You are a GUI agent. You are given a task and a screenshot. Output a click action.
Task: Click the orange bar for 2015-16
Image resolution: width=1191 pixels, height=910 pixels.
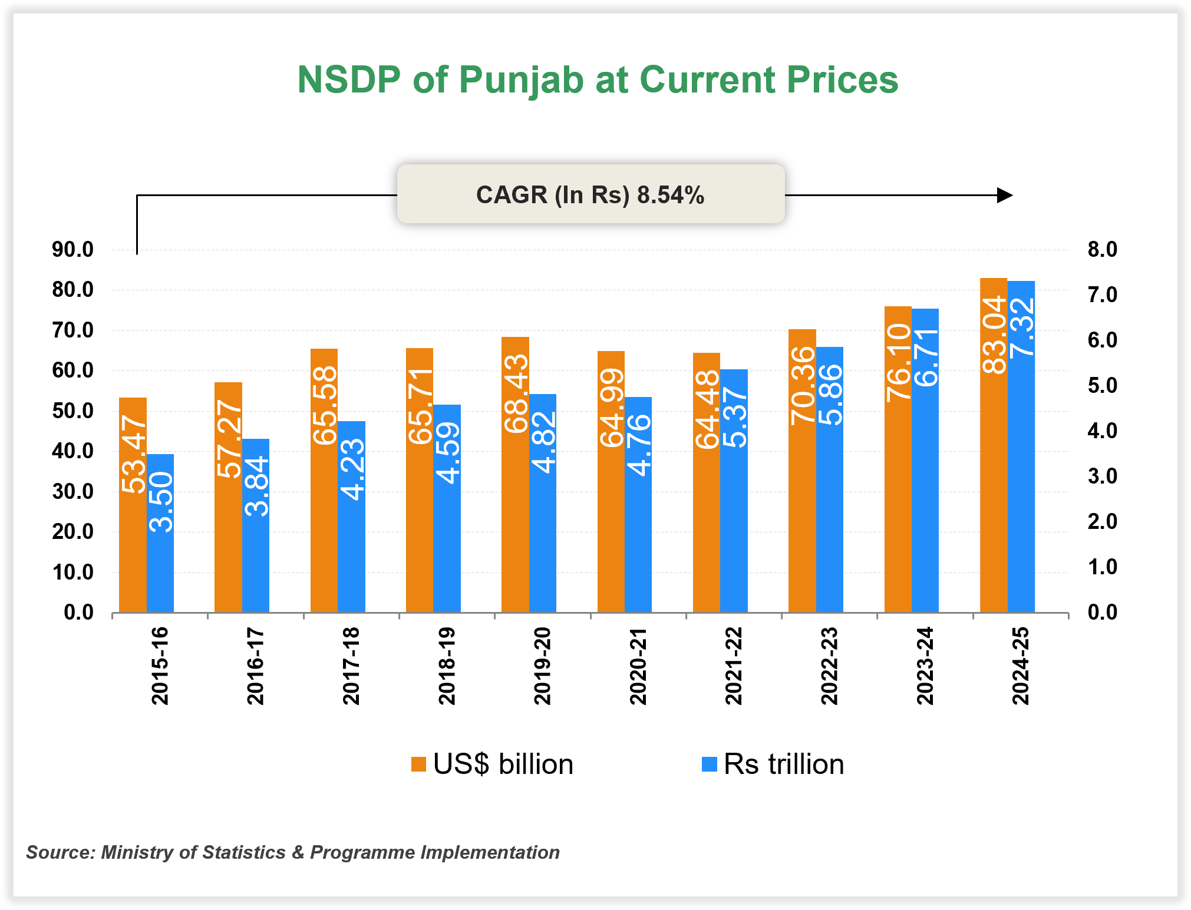pyautogui.click(x=133, y=530)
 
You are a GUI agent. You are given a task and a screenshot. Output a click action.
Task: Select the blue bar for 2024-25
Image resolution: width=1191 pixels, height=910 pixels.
pyautogui.click(x=1021, y=471)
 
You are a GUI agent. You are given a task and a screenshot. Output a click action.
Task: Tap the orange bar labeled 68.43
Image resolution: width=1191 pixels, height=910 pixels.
pyautogui.click(x=515, y=501)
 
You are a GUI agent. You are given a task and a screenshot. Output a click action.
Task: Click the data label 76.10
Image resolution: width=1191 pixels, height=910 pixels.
pyautogui.click(x=898, y=363)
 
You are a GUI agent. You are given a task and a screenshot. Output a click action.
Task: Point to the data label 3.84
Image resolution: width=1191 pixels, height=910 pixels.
pyautogui.click(x=256, y=487)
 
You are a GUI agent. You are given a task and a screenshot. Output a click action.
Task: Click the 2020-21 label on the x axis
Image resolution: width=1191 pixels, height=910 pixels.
pyautogui.click(x=638, y=666)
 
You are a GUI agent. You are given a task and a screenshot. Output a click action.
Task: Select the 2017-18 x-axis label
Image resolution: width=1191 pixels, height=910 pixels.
pyautogui.click(x=351, y=666)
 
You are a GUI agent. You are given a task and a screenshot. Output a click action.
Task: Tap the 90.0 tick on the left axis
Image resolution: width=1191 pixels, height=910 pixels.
pyautogui.click(x=72, y=250)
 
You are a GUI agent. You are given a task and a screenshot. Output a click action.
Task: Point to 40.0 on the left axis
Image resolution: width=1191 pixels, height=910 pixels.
pyautogui.click(x=72, y=451)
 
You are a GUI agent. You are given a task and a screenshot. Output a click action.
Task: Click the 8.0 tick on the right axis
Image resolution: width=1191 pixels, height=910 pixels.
pyautogui.click(x=1102, y=250)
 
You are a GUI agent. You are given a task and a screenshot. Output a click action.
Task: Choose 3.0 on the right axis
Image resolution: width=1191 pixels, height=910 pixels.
pyautogui.click(x=1102, y=476)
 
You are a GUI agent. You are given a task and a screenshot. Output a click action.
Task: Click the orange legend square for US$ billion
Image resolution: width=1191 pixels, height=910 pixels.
pyautogui.click(x=418, y=764)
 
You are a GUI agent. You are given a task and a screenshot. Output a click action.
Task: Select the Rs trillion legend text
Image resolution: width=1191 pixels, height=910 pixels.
pyautogui.click(x=784, y=764)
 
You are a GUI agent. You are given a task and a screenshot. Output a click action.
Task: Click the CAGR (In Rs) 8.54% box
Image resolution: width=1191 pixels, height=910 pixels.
pyautogui.click(x=590, y=194)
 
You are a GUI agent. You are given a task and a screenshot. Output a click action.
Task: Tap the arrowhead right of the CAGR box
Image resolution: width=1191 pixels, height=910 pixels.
pyautogui.click(x=1004, y=195)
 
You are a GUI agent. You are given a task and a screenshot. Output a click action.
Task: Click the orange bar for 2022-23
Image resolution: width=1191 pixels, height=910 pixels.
pyautogui.click(x=802, y=518)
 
